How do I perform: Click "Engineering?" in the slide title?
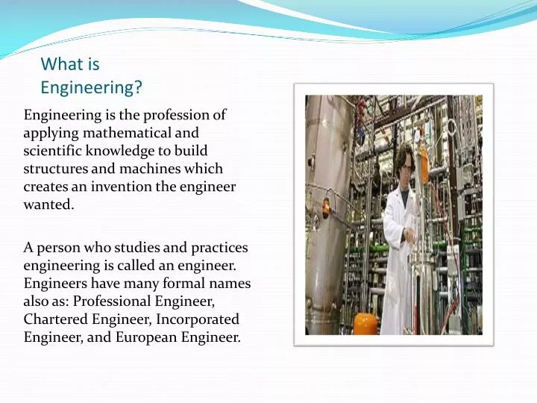tap(91, 88)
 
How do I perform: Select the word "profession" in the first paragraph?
tap(178, 116)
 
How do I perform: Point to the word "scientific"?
tap(52, 151)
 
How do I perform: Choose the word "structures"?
tap(54, 169)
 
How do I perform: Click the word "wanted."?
tap(48, 205)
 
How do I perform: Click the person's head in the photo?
tap(405, 161)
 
